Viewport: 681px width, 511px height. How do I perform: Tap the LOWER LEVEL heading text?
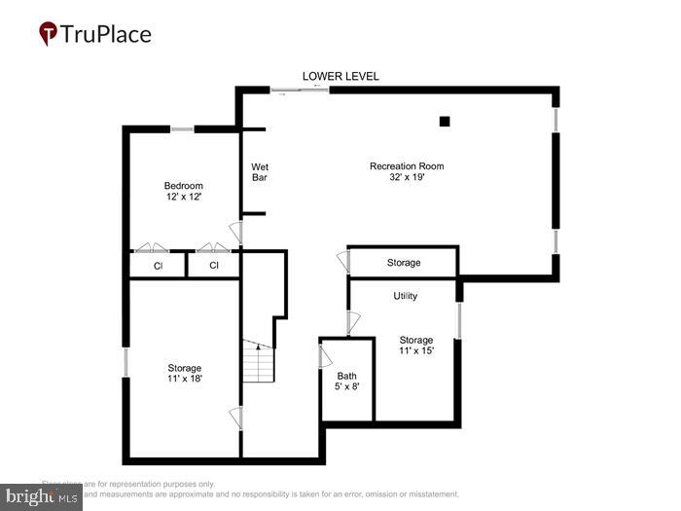pyautogui.click(x=340, y=76)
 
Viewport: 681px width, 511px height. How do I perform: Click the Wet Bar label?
pyautogui.click(x=260, y=172)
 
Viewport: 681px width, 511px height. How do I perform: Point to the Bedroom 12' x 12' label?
pyautogui.click(x=183, y=192)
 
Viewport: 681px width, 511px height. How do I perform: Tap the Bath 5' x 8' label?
pyautogui.click(x=347, y=382)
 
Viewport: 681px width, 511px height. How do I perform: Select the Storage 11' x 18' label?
pyautogui.click(x=184, y=374)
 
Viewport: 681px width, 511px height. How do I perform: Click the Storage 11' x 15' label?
pyautogui.click(x=416, y=346)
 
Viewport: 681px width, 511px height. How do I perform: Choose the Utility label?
pyautogui.click(x=406, y=296)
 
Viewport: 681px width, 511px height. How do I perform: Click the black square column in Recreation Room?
pyautogui.click(x=445, y=122)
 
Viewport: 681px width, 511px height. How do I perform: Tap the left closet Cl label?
pyautogui.click(x=158, y=265)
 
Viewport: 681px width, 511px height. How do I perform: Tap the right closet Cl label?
pyautogui.click(x=213, y=265)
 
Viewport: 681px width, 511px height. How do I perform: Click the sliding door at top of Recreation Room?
pyautogui.click(x=300, y=90)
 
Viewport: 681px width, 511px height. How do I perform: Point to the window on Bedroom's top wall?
pyautogui.click(x=182, y=128)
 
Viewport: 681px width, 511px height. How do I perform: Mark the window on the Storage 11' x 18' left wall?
pyautogui.click(x=125, y=361)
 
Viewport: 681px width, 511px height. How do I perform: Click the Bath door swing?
pyautogui.click(x=326, y=355)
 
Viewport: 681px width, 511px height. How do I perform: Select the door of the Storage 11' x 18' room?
pyautogui.click(x=234, y=419)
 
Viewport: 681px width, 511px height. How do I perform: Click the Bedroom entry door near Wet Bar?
pyautogui.click(x=234, y=233)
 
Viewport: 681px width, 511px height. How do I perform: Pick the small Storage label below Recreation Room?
pyautogui.click(x=404, y=263)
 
